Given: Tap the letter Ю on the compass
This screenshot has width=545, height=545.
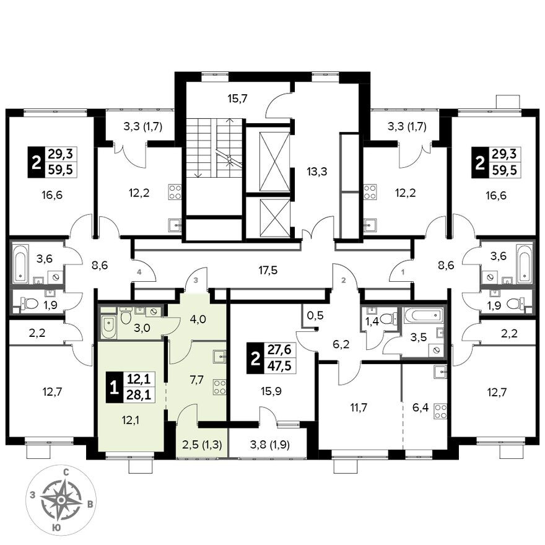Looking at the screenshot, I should [x=56, y=527].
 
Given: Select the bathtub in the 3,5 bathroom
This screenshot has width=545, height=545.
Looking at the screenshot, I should [x=424, y=316].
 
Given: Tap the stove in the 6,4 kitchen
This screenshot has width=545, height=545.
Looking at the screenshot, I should [x=440, y=411].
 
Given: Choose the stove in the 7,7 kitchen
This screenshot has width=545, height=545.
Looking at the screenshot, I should [x=219, y=387].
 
